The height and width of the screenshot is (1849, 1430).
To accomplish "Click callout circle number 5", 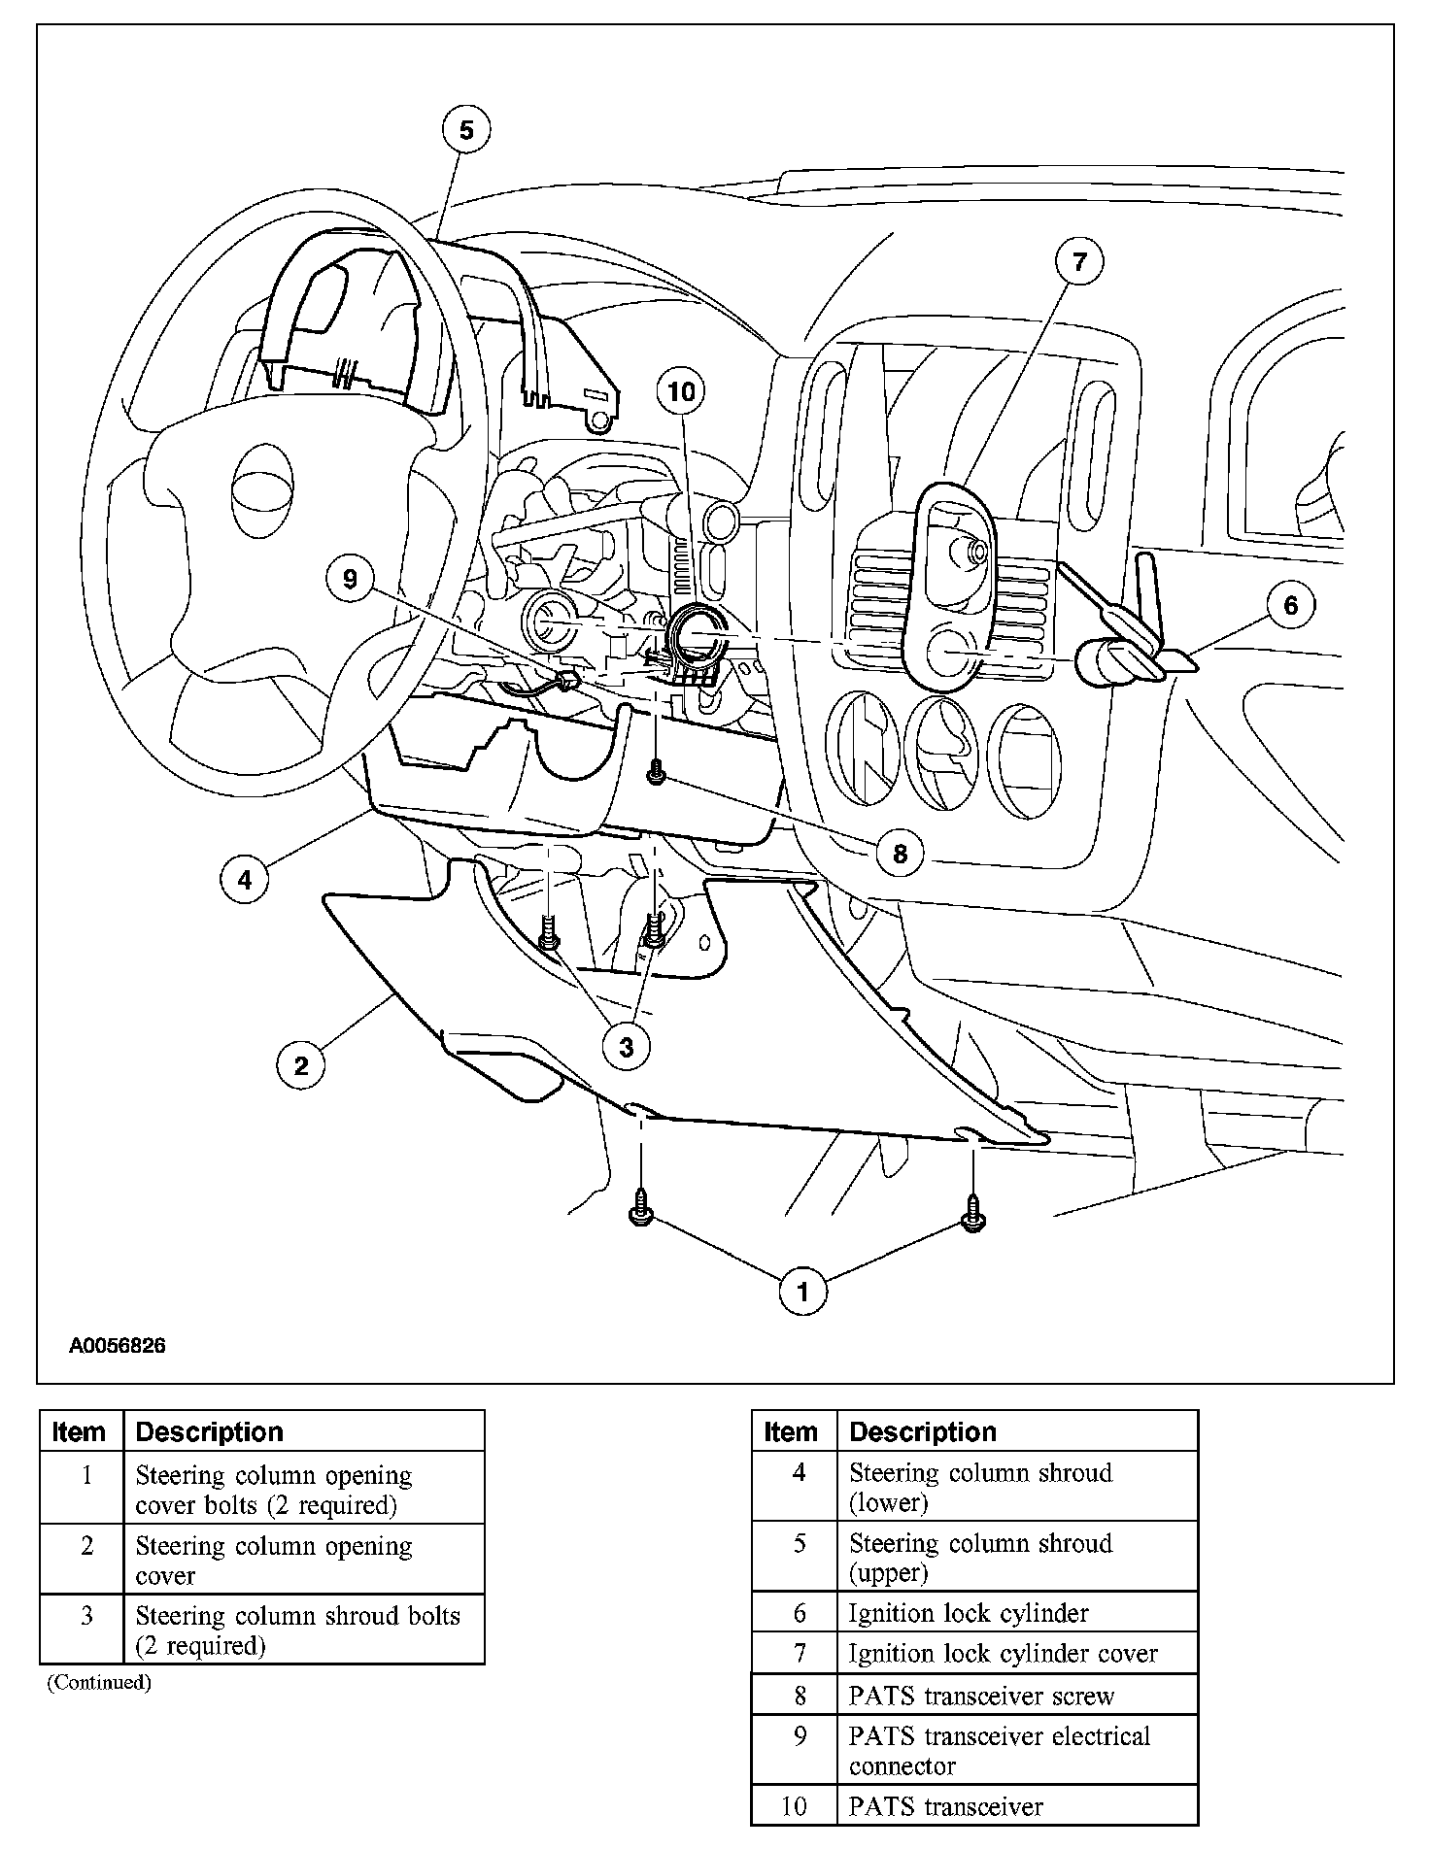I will point(466,130).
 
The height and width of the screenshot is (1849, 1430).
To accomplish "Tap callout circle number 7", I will point(1079,262).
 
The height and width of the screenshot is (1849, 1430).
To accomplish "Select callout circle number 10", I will point(682,391).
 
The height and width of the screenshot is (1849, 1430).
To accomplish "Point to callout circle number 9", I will point(351,580).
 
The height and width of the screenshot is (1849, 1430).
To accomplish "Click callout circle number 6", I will point(1290,605).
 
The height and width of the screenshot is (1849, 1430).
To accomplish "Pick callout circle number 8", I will point(900,854).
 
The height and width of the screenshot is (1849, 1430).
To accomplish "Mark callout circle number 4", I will point(245,880).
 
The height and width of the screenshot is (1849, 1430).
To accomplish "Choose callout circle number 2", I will point(300,1065).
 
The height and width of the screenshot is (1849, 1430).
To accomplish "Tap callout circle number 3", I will point(627,1047).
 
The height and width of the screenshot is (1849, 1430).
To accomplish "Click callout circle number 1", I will point(802,1292).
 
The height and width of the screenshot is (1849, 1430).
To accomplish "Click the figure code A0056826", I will point(117,1346).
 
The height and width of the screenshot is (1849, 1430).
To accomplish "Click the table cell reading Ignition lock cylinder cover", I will point(1003,1653).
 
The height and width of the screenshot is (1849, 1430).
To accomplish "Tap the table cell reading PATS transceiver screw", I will point(981,1696).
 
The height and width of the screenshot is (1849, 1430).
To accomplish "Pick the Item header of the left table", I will point(80,1431).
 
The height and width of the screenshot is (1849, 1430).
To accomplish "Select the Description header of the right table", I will point(923,1431).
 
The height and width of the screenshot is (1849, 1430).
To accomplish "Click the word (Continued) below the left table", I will point(99,1682).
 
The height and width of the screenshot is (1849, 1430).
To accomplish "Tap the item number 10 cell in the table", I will point(794,1806).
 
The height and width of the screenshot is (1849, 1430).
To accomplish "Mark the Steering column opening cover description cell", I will point(274,1560).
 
